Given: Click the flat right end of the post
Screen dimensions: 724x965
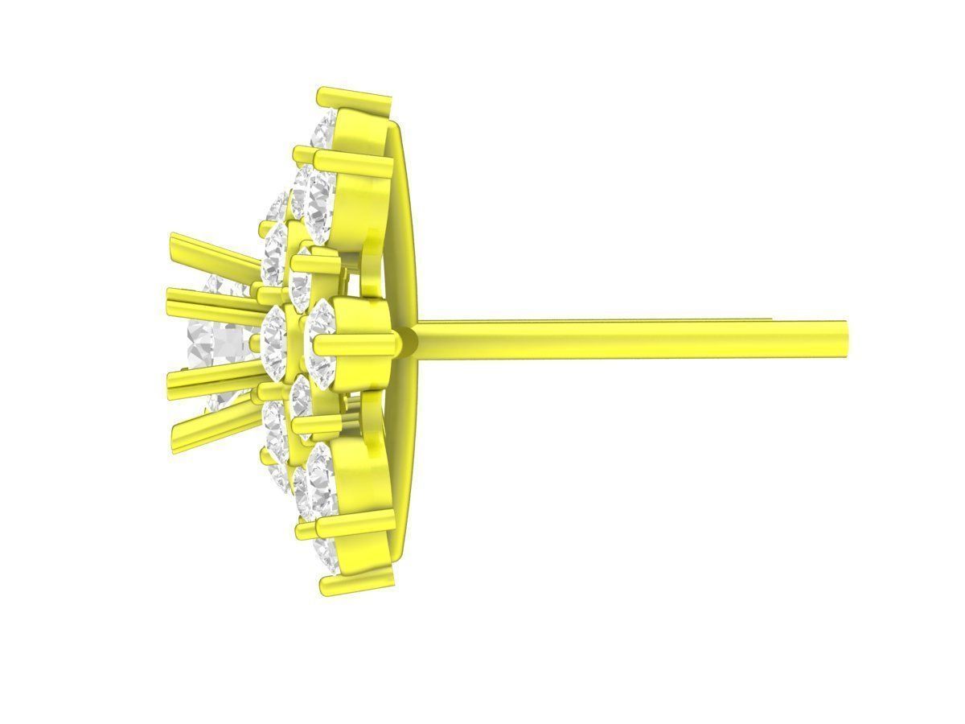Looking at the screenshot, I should pos(845,339).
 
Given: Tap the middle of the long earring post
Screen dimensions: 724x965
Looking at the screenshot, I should pos(627,339).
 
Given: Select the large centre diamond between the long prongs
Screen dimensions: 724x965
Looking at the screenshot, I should pos(217,342).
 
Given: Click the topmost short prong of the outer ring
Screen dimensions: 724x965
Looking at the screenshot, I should pos(354,98).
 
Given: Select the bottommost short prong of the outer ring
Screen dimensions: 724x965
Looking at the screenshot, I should pos(358,575).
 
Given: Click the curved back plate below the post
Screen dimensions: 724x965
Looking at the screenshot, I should pos(406,467).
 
